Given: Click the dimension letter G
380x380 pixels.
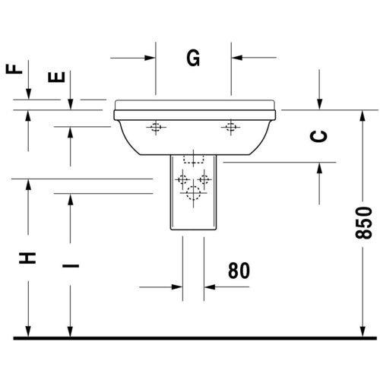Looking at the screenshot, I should point(193,57).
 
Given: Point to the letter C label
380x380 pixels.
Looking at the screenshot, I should point(320,136).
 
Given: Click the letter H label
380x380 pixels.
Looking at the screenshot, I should point(27,257).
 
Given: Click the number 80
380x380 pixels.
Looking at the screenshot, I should point(238,270).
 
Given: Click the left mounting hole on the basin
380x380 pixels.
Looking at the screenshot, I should point(156,127).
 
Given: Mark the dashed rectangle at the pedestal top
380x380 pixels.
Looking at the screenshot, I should point(194,161).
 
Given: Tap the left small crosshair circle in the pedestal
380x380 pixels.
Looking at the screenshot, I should point(182,180).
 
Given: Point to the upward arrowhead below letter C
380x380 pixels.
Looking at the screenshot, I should point(320,166).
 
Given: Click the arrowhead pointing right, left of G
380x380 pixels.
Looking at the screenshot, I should point(150,56).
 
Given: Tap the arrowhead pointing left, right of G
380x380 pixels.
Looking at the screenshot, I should point(237,56).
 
